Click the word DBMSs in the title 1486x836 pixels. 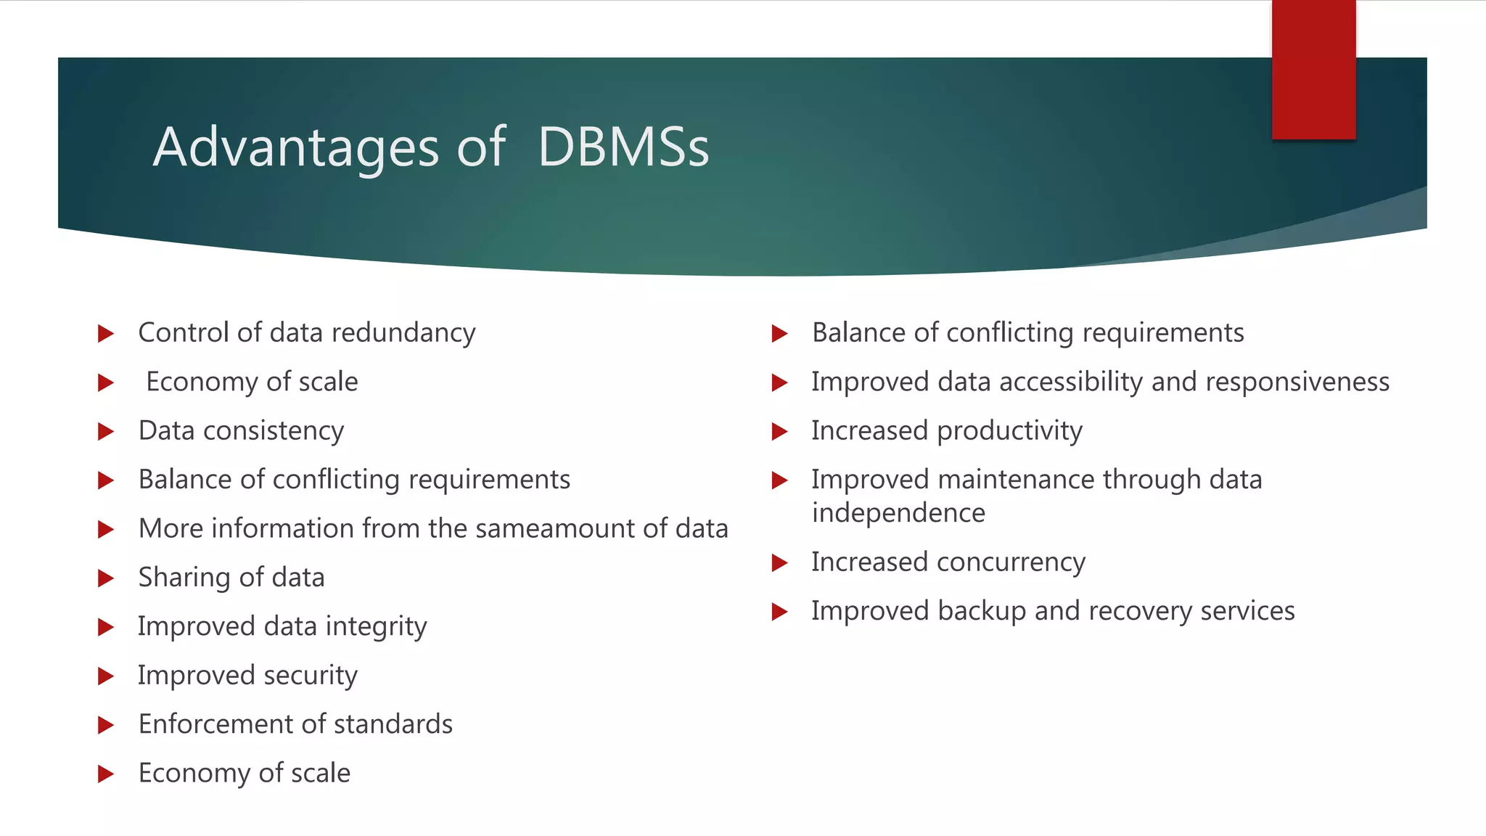[623, 147]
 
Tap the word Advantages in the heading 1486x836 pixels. [296, 147]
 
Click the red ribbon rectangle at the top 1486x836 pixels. [1313, 70]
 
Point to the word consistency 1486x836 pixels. [274, 431]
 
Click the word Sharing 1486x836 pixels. [184, 578]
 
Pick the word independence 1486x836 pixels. [898, 513]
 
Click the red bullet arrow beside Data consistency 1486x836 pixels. [106, 432]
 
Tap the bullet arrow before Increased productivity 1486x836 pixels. [779, 432]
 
